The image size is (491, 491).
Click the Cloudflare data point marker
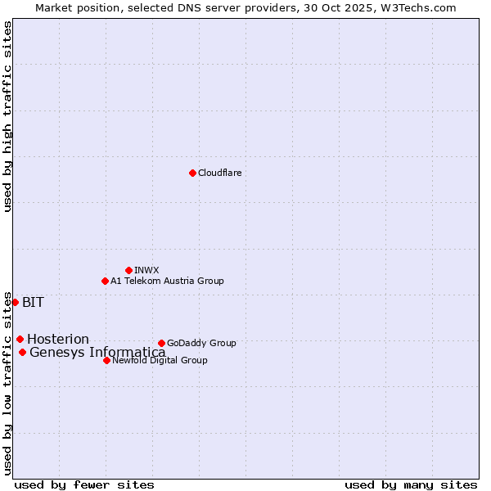[192, 173]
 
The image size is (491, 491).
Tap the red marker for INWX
[128, 270]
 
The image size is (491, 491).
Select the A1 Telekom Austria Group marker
[105, 281]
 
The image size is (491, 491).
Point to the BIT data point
[15, 302]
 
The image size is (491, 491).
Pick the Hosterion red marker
[20, 339]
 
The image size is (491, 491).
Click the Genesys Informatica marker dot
[22, 352]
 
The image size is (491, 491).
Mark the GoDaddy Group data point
[161, 343]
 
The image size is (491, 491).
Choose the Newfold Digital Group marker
[106, 360]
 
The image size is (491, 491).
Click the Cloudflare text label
[219, 173]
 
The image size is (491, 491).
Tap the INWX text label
[146, 270]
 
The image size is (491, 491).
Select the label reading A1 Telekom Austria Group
[167, 281]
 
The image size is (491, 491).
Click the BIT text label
[33, 302]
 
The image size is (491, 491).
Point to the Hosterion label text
[58, 339]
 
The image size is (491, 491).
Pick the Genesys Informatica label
[97, 353]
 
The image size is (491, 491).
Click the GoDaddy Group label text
[201, 343]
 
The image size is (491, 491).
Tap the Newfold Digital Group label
[160, 360]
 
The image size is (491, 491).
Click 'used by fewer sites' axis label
[84, 484]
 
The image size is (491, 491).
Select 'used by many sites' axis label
[411, 484]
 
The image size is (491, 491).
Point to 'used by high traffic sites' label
[7, 116]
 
